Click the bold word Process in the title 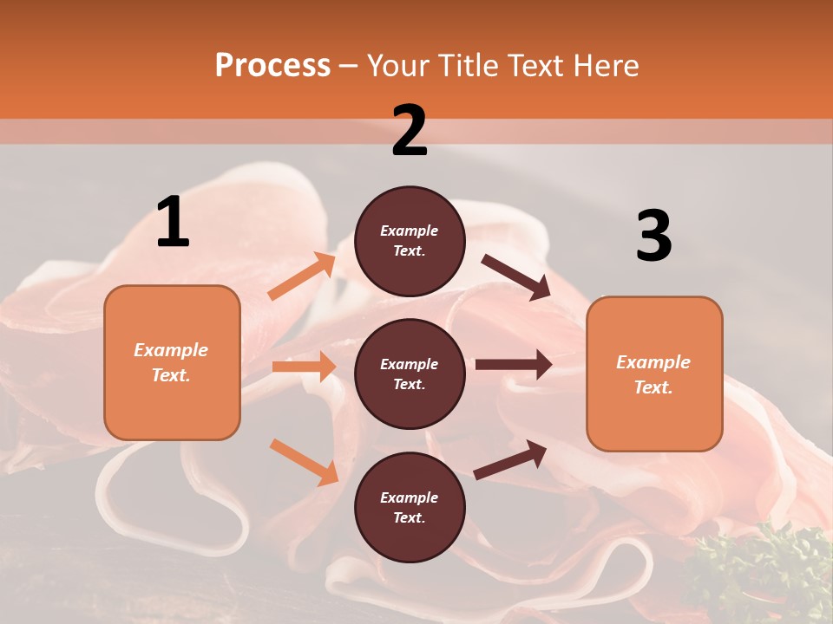pos(272,66)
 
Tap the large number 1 pos(173,223)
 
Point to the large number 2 pos(410,131)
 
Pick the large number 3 pos(653,237)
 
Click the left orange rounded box pos(172,362)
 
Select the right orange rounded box pos(654,374)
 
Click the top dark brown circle pos(410,241)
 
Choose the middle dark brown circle pos(410,374)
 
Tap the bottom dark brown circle pos(410,507)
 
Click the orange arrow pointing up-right pos(302,276)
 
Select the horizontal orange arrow pos(304,367)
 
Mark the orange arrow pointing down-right pos(304,462)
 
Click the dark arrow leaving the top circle pos(515,276)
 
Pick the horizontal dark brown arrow pos(513,365)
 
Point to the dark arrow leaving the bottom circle pos(510,459)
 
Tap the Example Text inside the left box pos(172,362)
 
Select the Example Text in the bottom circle pos(410,507)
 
